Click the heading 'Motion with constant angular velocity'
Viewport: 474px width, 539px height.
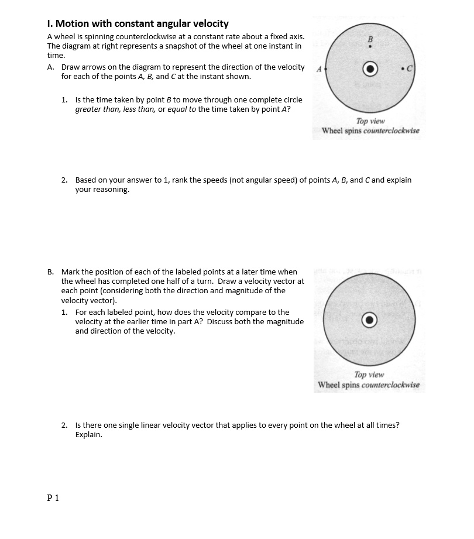click(x=142, y=24)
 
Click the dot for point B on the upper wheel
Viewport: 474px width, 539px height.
click(x=370, y=47)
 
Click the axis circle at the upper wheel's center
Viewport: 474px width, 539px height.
click(x=370, y=68)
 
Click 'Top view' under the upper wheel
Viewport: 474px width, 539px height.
click(x=370, y=121)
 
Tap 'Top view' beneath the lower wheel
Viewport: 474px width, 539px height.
click(x=369, y=375)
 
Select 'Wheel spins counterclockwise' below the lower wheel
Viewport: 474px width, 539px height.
click(x=369, y=384)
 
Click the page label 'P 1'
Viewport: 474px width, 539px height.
click(x=53, y=498)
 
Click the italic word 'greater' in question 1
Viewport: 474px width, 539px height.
click(x=89, y=109)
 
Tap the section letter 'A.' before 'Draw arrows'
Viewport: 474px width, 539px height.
click(x=51, y=67)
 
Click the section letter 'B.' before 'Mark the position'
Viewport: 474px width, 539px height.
click(x=51, y=272)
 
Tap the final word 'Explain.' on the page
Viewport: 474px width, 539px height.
click(x=88, y=435)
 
